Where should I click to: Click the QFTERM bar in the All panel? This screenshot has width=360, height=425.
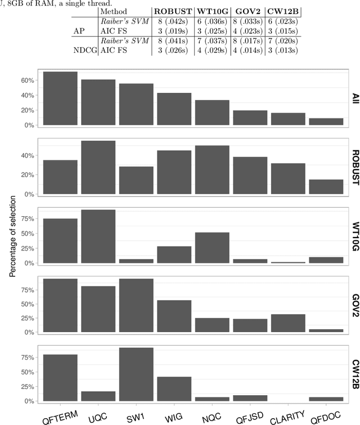(60, 99)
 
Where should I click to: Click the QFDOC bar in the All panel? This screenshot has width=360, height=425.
(326, 122)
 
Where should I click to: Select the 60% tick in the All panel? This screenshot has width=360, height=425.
(28, 80)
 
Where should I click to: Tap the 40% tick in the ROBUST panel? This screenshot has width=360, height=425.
(28, 156)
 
